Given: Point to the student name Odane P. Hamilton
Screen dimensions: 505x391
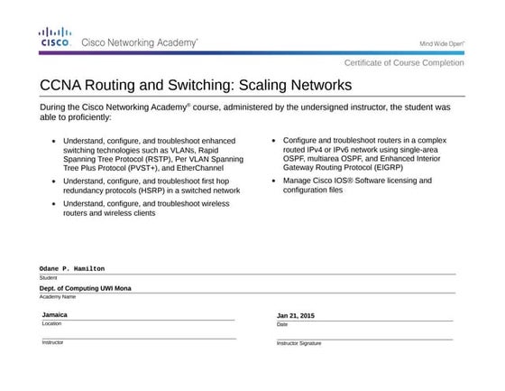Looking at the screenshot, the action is pos(72,268).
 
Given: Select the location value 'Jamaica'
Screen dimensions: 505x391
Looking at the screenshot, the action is pos(55,314).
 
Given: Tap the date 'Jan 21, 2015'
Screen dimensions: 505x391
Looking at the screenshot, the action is pos(296,315).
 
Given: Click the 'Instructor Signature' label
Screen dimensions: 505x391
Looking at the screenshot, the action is pos(298,344).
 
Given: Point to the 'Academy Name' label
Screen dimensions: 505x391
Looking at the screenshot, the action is pos(58,296).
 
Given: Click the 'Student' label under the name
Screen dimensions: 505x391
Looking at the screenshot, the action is pos(48,277).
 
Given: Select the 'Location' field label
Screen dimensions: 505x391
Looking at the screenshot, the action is pos(51,322).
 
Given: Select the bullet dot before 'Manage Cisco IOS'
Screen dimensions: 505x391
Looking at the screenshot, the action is pos(274,181).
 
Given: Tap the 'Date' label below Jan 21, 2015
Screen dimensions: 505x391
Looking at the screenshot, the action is pos(282,323).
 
